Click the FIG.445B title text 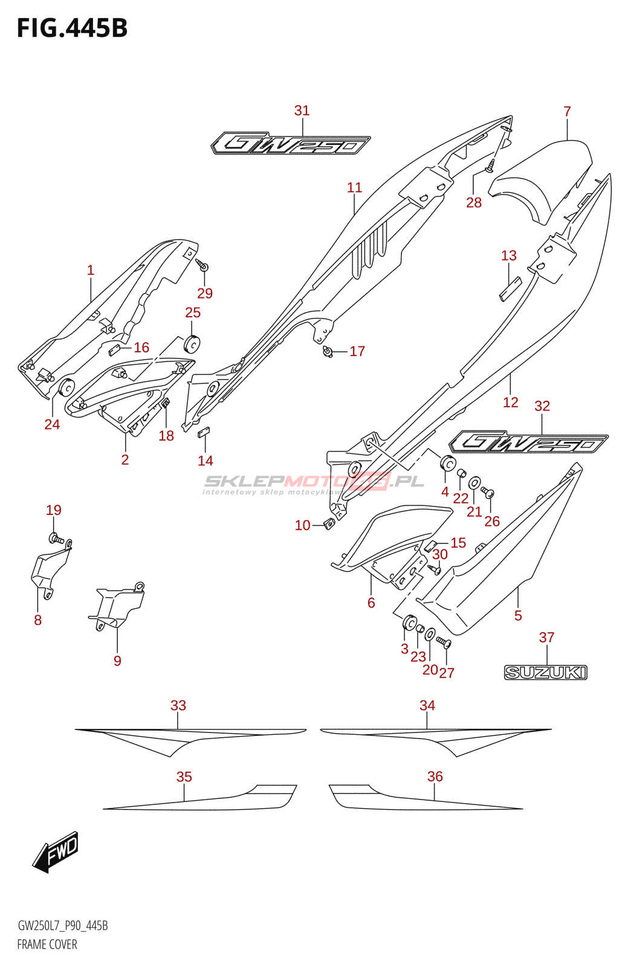(x=72, y=28)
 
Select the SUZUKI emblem (x=546, y=672)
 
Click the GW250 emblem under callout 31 (x=291, y=143)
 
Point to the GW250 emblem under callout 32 (x=529, y=442)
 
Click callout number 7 (x=567, y=111)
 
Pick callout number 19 (x=54, y=510)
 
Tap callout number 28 (x=473, y=202)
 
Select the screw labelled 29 (x=202, y=264)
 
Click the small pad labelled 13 (x=511, y=289)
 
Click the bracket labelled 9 (x=117, y=606)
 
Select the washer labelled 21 (x=474, y=482)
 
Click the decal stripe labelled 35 (x=200, y=797)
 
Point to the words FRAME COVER (x=47, y=945)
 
